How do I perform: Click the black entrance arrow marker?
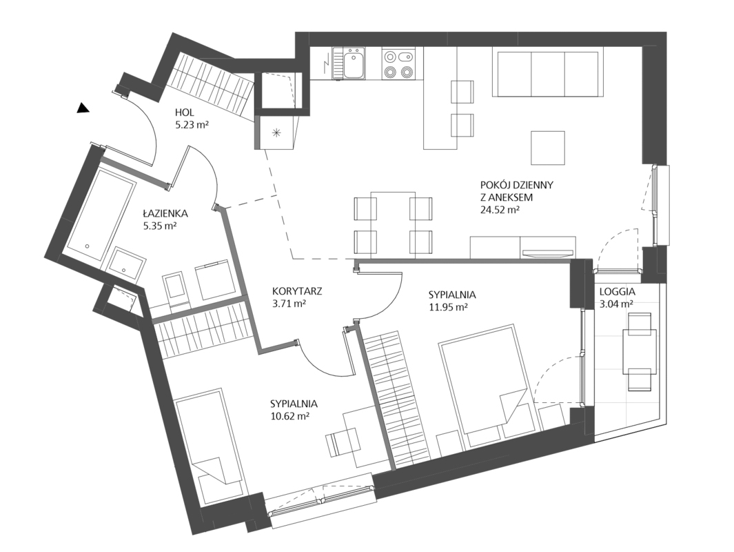coord(83,108)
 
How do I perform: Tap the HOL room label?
coord(185,112)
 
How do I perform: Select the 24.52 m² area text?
coord(500,210)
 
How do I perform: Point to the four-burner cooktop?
coord(398,63)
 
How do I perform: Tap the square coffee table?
coord(548,148)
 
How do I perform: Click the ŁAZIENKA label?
coord(165,214)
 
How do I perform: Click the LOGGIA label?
coord(617,290)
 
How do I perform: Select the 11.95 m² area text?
coord(449,308)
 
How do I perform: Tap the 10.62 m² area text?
coord(289,415)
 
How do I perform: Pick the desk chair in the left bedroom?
coord(343,443)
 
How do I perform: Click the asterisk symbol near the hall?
coord(276,133)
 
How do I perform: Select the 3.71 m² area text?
coord(289,303)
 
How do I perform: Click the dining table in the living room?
coord(393,225)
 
